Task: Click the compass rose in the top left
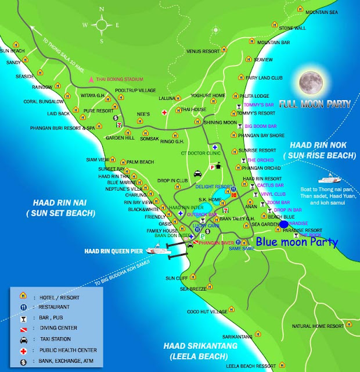coord(102,24)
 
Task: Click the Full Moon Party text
coord(314,105)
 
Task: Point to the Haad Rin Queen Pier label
coord(112,251)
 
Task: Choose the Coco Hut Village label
coord(207,312)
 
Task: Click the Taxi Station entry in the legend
coord(59,338)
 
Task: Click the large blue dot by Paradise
coord(283,224)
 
